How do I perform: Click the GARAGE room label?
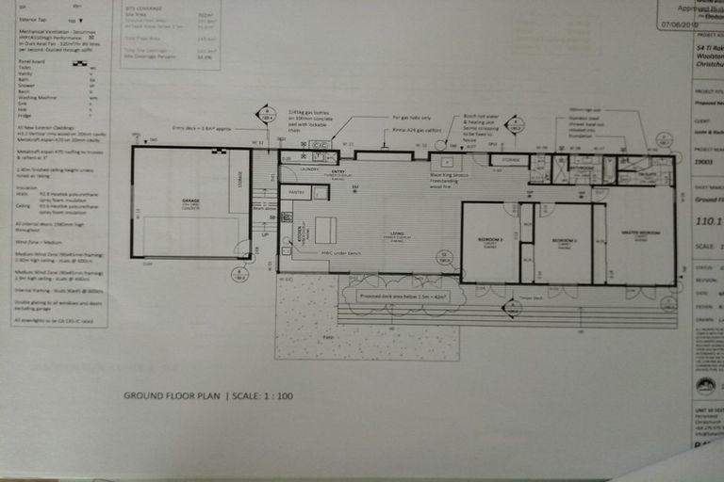(x=178, y=201)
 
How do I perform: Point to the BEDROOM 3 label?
(x=490, y=240)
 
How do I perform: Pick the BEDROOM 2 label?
(x=564, y=240)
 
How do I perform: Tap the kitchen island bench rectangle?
(x=325, y=230)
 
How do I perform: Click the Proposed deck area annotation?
(x=396, y=296)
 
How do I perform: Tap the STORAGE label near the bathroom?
(x=510, y=160)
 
